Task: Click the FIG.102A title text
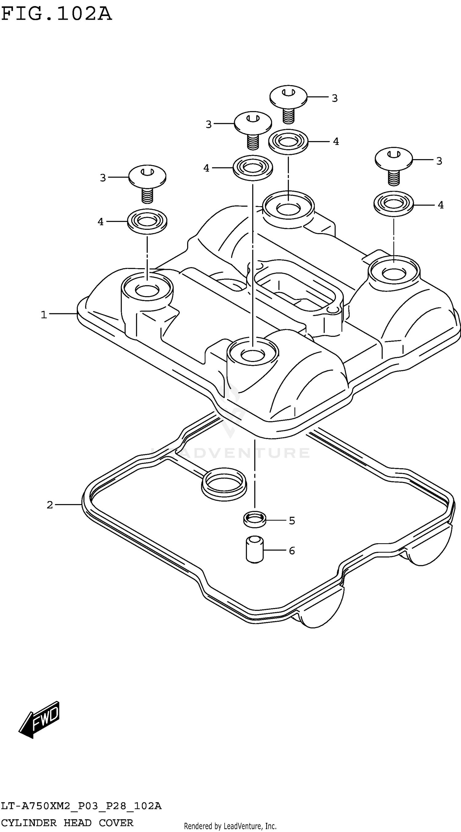point(57,14)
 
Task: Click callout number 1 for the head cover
point(44,315)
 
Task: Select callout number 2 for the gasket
point(50,505)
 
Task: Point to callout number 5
point(292,521)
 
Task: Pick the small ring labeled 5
point(254,519)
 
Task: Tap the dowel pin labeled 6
point(254,549)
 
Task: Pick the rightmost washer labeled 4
point(393,204)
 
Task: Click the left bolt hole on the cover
point(147,290)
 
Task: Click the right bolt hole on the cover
point(394,273)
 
